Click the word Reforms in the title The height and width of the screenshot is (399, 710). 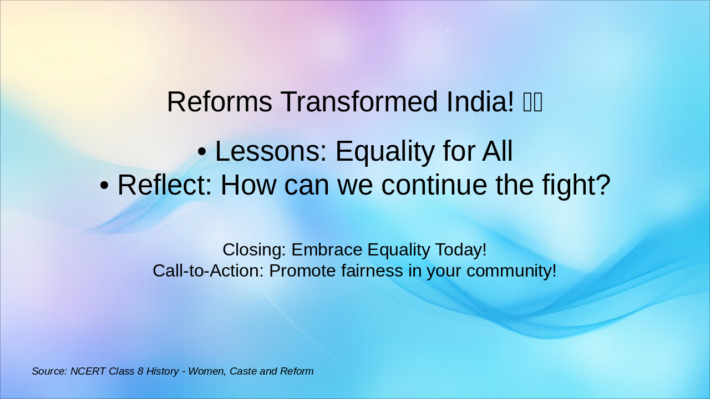coord(219,101)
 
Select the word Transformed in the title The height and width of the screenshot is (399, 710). coord(359,101)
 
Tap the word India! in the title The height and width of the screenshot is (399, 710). coord(480,101)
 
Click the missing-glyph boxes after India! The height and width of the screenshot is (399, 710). coord(532,102)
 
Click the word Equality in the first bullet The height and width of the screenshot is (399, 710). coord(385,152)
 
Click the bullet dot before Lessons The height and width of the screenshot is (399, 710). coord(202,151)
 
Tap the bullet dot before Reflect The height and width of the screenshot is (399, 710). coord(104,186)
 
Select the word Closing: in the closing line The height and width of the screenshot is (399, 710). coord(255,250)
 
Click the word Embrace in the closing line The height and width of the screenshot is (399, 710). coord(327,249)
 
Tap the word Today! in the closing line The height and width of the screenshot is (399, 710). coord(461,250)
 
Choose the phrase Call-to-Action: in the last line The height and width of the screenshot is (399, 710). coord(208,271)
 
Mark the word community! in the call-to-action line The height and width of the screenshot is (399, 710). coord(511,272)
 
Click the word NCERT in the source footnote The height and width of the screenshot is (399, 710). coord(88,371)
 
